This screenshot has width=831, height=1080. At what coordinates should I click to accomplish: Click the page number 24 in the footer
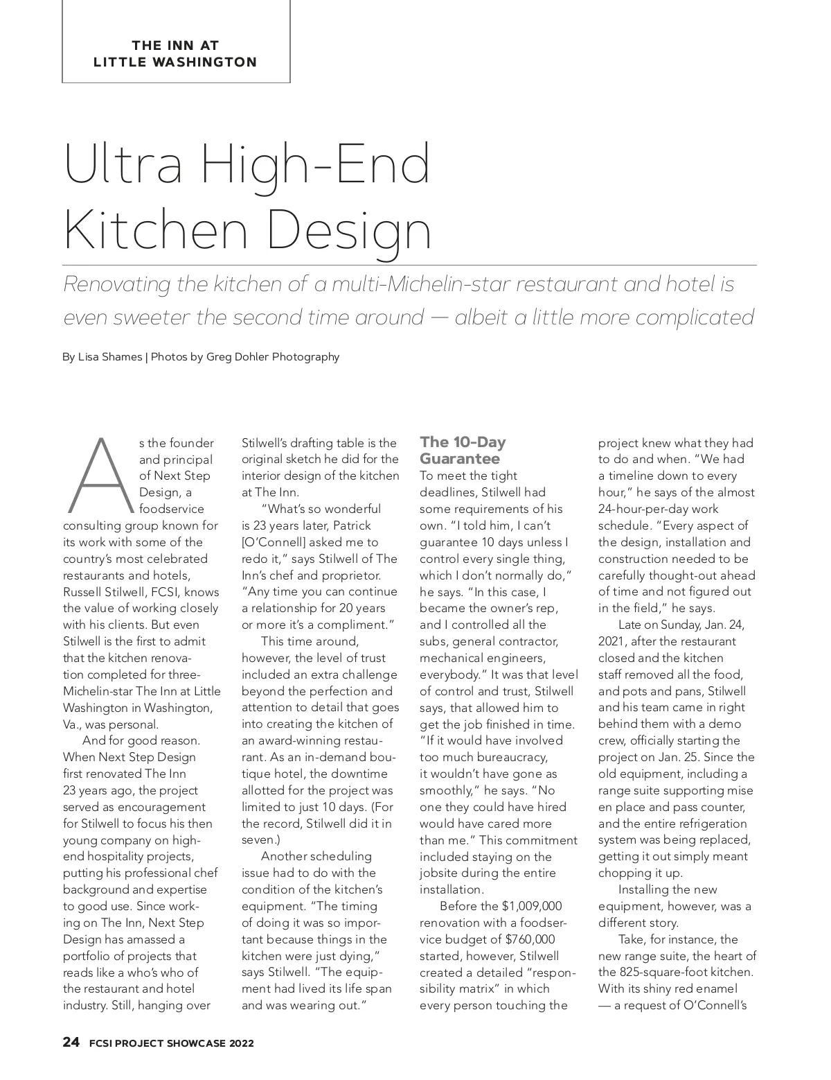71,1042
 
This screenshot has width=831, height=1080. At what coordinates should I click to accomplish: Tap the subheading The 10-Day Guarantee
463,450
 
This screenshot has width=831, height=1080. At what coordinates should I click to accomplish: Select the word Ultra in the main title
124,164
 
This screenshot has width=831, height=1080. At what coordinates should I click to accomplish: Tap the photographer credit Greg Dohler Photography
273,357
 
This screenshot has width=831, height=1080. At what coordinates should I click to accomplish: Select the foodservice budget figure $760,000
530,939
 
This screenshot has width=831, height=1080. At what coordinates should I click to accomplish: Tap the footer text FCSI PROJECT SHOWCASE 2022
171,1043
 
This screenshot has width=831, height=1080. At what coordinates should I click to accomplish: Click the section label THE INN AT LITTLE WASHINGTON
175,53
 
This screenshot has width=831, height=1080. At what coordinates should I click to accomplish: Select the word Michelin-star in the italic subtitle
403,284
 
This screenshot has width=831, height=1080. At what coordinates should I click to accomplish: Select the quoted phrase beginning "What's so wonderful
321,509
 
